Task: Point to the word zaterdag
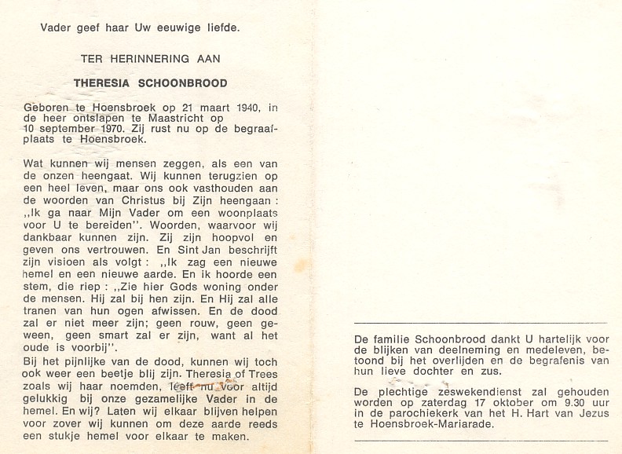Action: coord(431,401)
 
